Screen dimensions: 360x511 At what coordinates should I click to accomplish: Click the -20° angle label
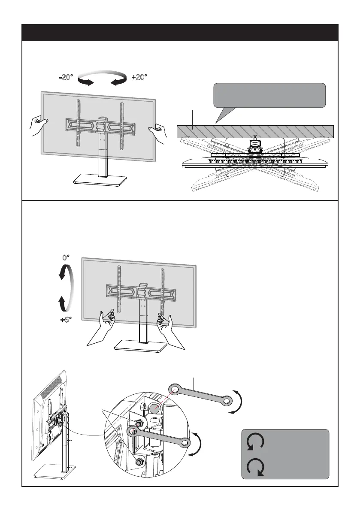coord(66,77)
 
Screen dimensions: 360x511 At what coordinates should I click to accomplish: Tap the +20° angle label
coord(139,77)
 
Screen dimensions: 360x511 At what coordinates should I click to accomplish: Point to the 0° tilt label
coord(66,258)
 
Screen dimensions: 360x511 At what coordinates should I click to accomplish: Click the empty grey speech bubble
coord(269,95)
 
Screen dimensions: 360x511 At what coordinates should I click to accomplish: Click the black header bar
coord(180,33)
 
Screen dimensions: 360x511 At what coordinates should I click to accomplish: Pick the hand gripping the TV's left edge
coord(38,125)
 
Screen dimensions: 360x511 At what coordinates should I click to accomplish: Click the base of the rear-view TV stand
coord(51,473)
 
